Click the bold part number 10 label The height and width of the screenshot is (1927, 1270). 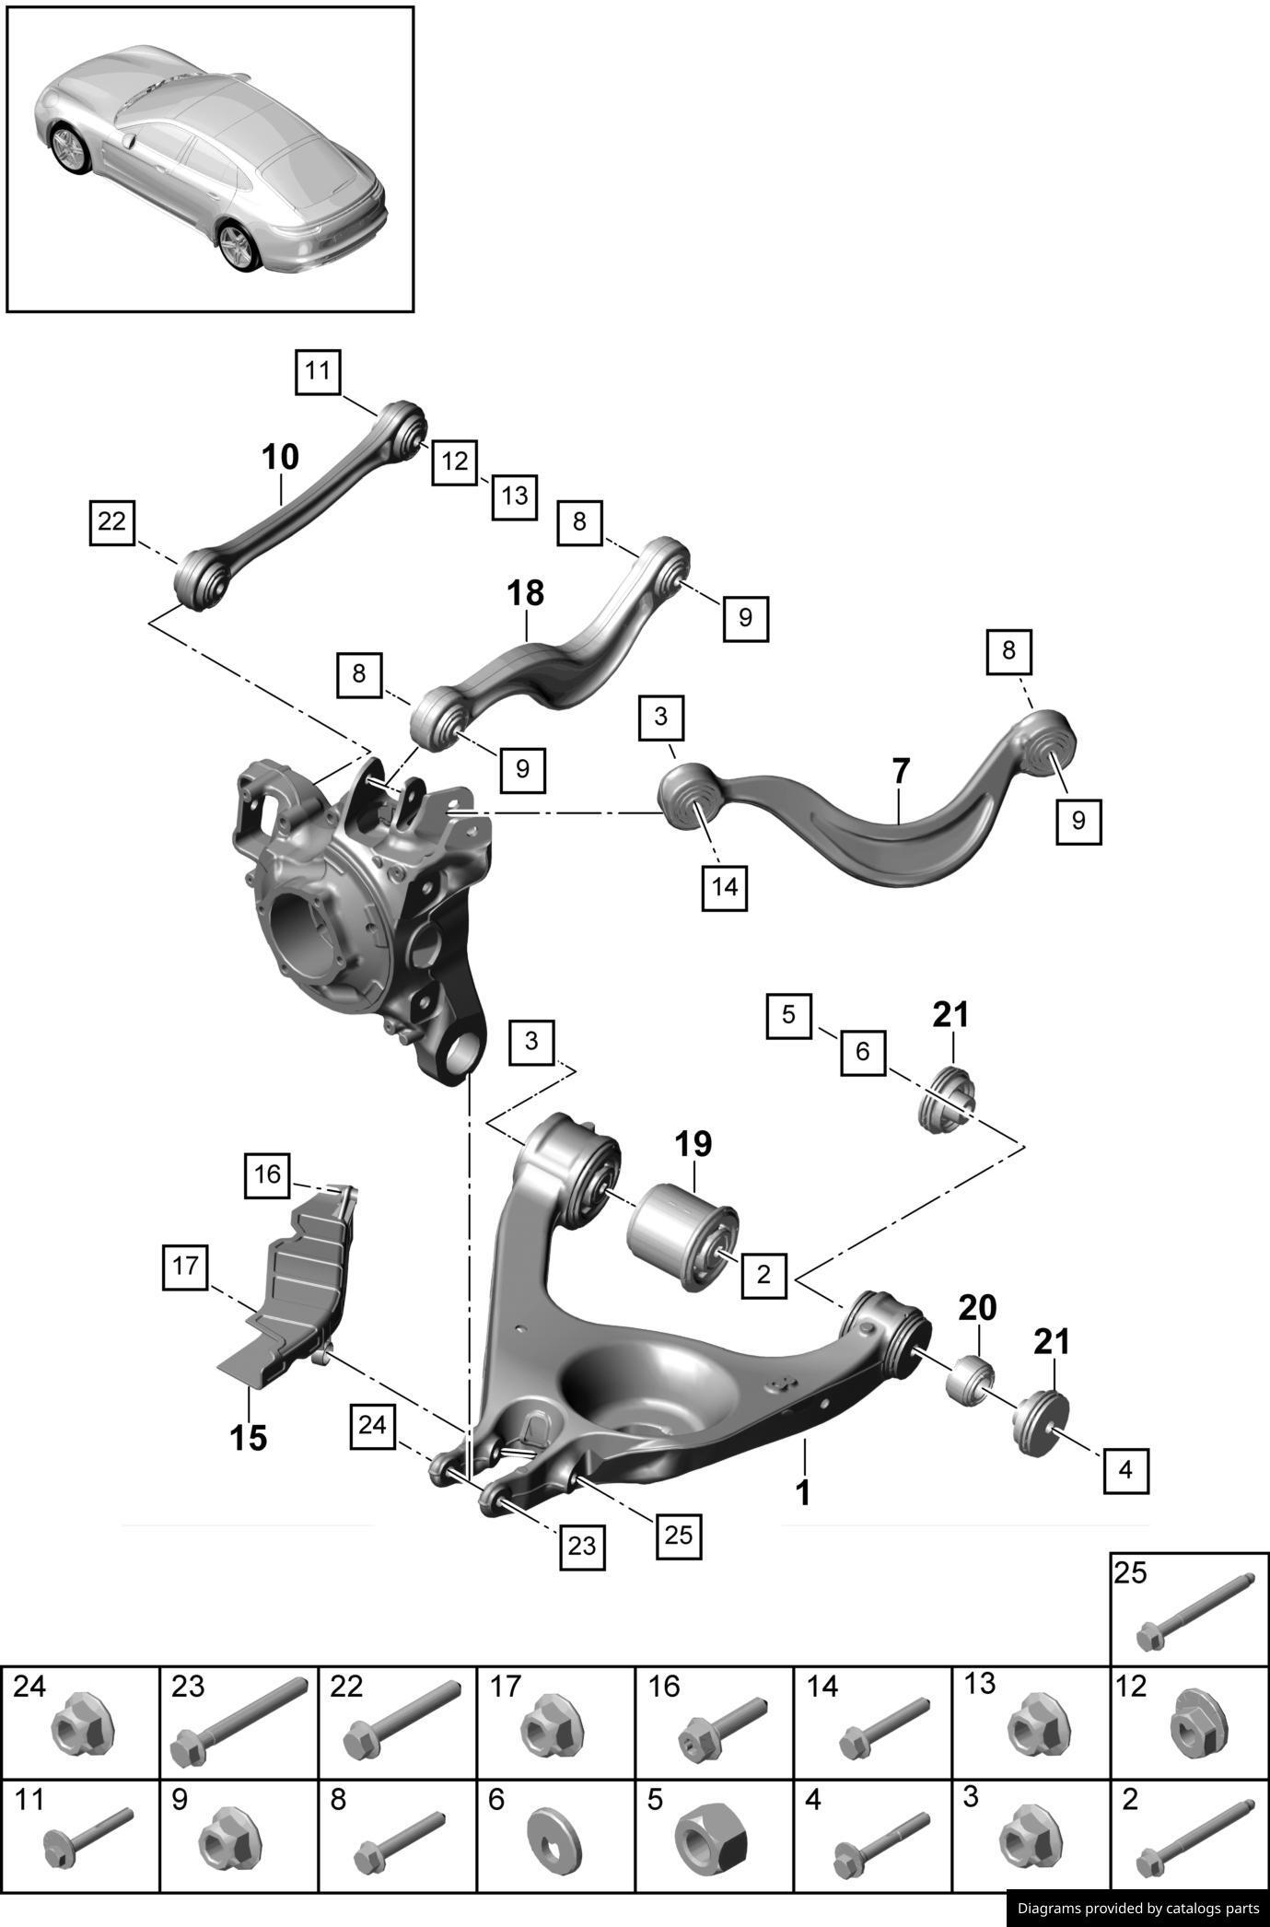coord(280,457)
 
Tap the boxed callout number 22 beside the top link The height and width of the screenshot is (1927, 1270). coord(111,521)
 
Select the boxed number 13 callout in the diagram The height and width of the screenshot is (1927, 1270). coord(514,496)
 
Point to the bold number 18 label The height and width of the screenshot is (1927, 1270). coord(526,593)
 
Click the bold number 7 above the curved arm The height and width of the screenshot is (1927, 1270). coord(901,770)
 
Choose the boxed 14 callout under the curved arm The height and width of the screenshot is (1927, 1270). coord(725,887)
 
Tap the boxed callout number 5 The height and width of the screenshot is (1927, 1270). coord(788,1015)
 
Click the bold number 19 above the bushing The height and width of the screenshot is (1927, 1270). coord(693,1144)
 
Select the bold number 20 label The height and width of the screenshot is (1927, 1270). coord(977,1307)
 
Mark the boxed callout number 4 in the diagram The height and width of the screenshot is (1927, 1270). coord(1125,1469)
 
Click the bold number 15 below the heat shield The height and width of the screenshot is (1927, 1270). coord(248,1437)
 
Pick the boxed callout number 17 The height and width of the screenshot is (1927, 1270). coord(185,1266)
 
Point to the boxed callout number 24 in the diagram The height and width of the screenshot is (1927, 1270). coord(372,1425)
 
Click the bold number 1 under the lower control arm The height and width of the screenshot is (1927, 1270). coord(803,1492)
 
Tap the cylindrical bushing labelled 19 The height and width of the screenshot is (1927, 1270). coord(682,1237)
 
